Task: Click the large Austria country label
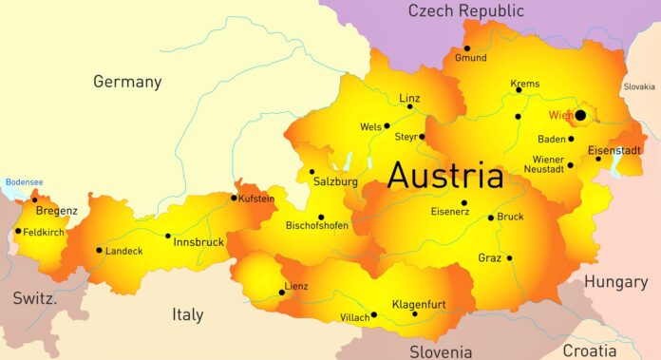coord(445,176)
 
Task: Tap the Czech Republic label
coord(465,11)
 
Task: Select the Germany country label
coord(127,82)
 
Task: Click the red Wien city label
coord(560,116)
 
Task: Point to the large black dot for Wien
coord(580,115)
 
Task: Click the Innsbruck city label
coord(198,242)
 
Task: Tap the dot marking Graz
coord(509,257)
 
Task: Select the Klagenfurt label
coord(419,304)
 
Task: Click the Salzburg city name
coord(335,181)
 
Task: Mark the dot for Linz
coord(410,106)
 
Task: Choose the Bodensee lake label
coord(24,181)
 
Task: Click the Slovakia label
coord(638,86)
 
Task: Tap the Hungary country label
coord(615,281)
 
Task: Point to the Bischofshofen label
coord(317,226)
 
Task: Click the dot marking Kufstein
coord(234,198)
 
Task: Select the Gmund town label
coord(470,58)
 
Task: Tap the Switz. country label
coord(35,298)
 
